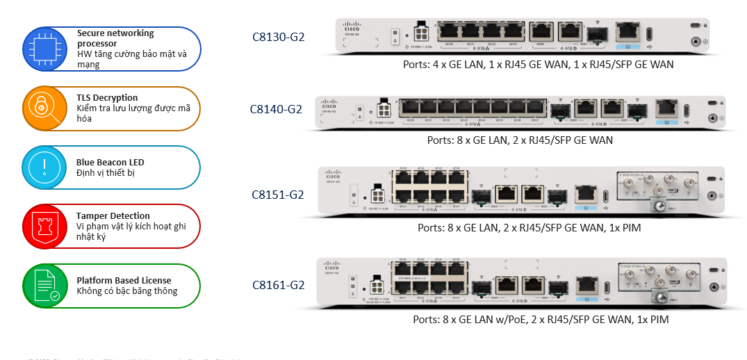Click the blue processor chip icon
click(43, 49)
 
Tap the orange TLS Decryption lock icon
click(43, 108)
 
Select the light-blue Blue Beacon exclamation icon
click(43, 167)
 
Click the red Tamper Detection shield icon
click(43, 226)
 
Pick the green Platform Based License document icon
click(43, 285)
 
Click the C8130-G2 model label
click(278, 36)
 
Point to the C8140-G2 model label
click(276, 109)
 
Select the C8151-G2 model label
click(278, 195)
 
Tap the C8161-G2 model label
click(278, 284)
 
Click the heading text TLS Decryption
click(107, 98)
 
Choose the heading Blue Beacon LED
click(110, 163)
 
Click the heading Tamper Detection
click(113, 215)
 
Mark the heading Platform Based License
click(119, 280)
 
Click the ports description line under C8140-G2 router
click(520, 140)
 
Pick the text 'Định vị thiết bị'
click(106, 172)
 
